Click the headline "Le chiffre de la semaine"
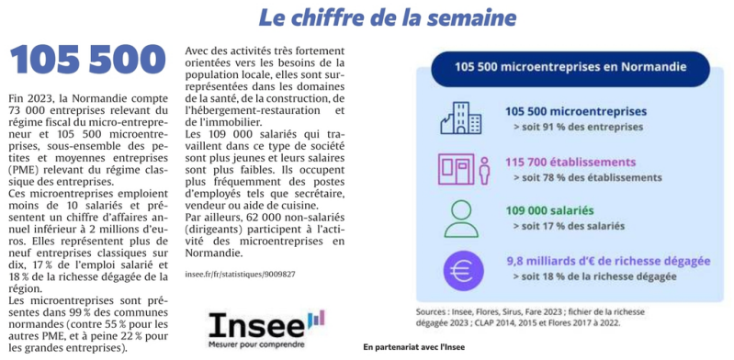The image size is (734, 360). [388, 17]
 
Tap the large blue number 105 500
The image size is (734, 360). [87, 60]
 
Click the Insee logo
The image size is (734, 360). [266, 329]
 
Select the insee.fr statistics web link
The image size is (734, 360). [240, 274]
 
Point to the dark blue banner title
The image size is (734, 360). [570, 68]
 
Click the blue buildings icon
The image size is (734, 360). [461, 118]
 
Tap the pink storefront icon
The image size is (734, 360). [463, 169]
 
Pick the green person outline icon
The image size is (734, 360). [461, 219]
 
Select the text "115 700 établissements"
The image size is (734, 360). [570, 163]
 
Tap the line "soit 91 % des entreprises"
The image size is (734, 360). [578, 127]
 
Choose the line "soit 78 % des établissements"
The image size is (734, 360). [587, 178]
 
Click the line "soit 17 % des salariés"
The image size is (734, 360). [569, 226]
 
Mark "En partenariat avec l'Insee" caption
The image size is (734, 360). [413, 347]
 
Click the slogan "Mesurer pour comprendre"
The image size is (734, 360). [256, 344]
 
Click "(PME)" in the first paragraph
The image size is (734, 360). [22, 169]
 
